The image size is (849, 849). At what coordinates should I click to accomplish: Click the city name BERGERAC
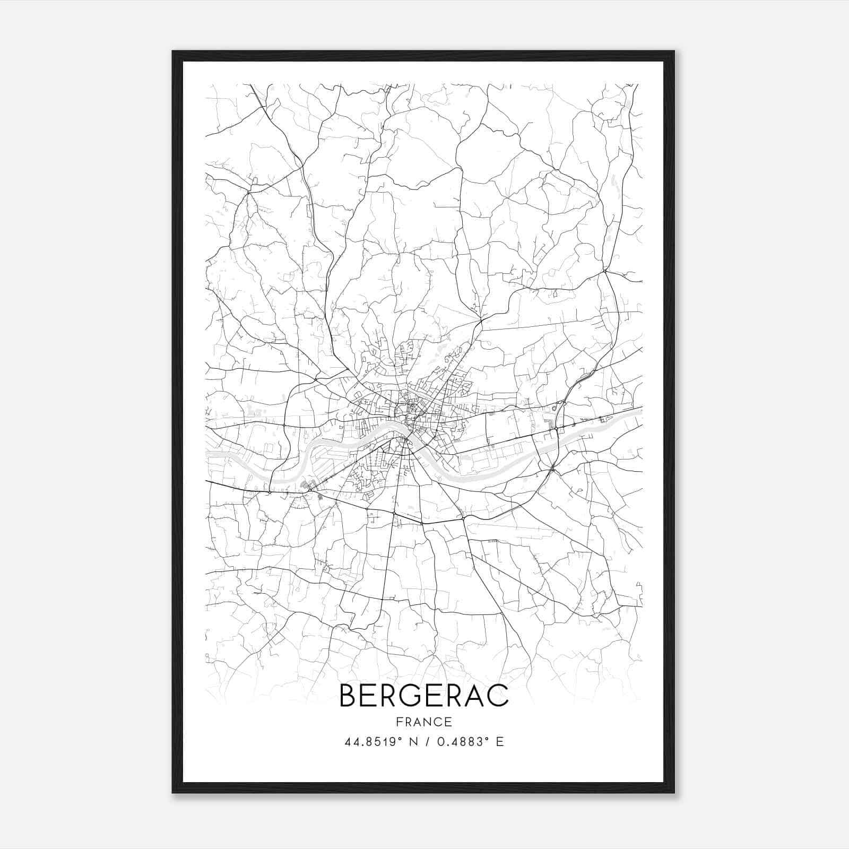[x=423, y=696]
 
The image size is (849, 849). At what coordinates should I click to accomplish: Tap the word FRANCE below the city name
[x=423, y=722]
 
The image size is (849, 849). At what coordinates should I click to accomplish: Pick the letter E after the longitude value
[x=499, y=742]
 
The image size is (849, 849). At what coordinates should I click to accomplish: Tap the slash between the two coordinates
[x=428, y=742]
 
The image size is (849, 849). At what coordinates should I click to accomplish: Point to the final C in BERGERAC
[x=498, y=696]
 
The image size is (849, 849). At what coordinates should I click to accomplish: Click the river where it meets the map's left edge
[x=208, y=454]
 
